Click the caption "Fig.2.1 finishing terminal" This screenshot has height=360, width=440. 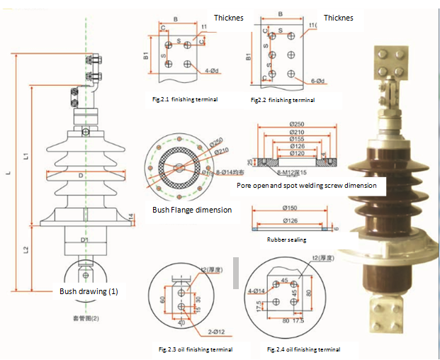click(184, 99)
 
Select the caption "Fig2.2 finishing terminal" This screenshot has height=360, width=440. click(282, 101)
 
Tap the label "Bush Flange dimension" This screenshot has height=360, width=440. click(192, 210)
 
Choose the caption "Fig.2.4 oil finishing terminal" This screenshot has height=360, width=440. click(303, 349)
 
